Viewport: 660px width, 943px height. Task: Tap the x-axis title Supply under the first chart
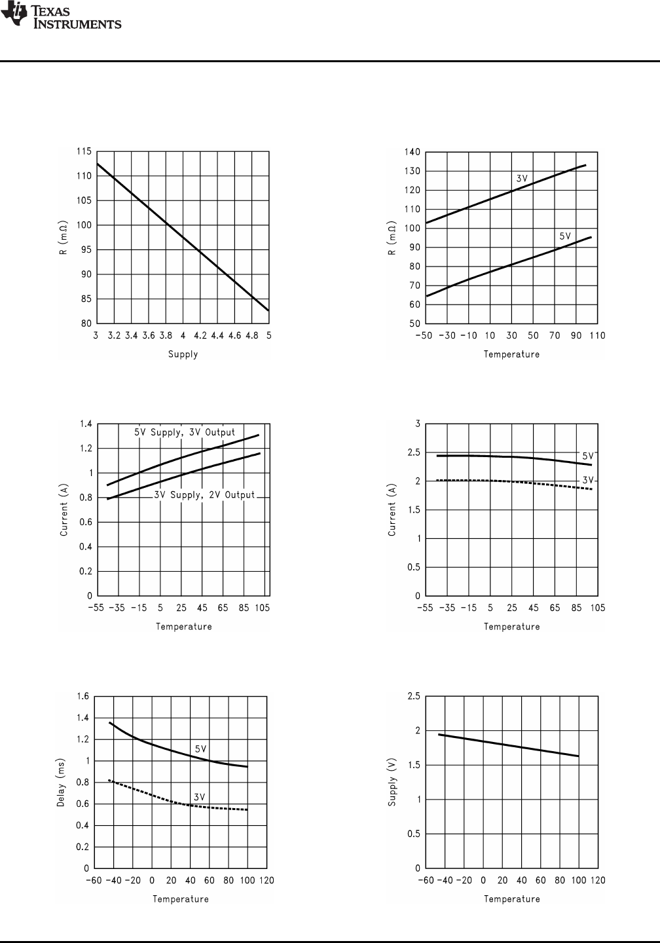[x=183, y=354]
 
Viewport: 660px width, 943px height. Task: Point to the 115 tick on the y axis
[x=84, y=152]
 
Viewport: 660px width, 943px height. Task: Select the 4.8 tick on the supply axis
[x=251, y=335]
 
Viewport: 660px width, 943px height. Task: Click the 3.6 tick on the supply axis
[x=148, y=335]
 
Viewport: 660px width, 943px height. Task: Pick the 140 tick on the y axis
[x=412, y=152]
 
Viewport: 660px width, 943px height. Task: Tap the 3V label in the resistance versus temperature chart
[x=521, y=178]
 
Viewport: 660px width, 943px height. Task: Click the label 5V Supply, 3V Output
[x=185, y=433]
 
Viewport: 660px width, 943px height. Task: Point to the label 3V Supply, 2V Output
[x=204, y=495]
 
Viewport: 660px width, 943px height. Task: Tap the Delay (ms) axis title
[x=61, y=782]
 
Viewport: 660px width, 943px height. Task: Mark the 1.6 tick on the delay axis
[x=82, y=696]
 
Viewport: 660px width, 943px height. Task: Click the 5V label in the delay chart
[x=201, y=749]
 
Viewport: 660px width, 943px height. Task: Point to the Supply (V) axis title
[x=393, y=782]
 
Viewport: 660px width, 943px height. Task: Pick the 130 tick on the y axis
[x=412, y=171]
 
